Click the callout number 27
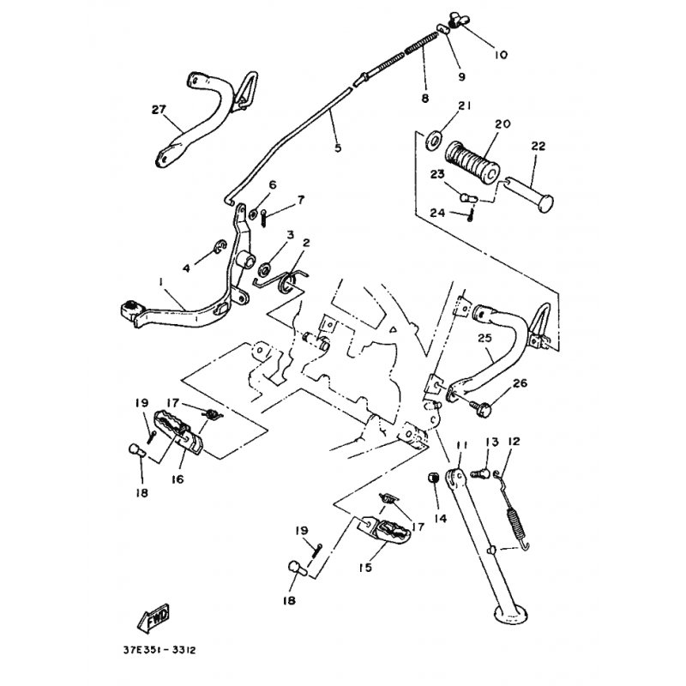157,109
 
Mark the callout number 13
492,442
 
